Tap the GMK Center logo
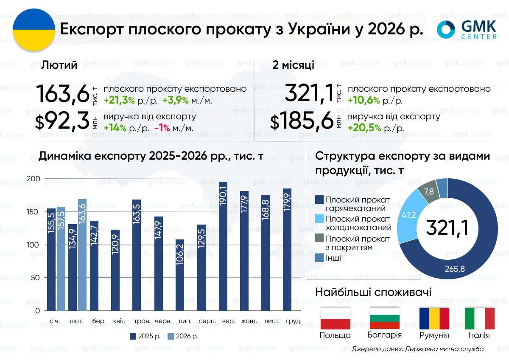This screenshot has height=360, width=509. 467,30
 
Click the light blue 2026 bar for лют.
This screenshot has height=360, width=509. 82,255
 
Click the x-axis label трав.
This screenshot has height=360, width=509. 140,321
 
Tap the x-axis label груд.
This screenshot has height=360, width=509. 294,321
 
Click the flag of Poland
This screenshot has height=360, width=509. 335,318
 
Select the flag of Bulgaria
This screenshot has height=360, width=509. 385,318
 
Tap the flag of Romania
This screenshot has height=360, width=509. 434,318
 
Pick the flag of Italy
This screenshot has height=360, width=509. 479,318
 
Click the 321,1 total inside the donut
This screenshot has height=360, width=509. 447,228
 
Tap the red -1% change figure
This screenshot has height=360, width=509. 162,128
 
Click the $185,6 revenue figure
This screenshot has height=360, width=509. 302,122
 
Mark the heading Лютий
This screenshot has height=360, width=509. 59,65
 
